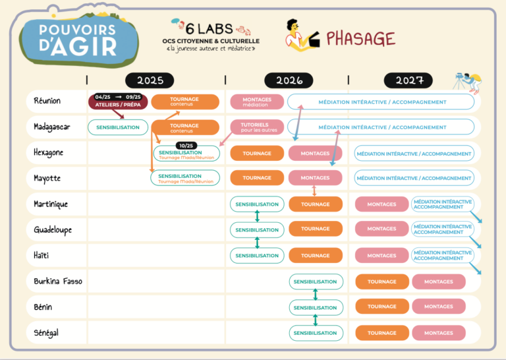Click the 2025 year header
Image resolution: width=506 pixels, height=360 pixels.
click(x=150, y=80)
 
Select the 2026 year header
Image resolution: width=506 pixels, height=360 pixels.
click(x=289, y=80)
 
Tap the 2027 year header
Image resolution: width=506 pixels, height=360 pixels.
click(x=408, y=80)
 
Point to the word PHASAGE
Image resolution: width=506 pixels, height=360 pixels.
click(x=361, y=38)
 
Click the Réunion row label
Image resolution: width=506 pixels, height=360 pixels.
click(x=47, y=102)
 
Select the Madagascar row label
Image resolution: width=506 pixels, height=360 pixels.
click(x=52, y=127)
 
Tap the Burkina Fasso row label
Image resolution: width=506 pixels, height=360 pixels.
click(x=58, y=282)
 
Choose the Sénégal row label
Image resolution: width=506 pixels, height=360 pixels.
click(x=46, y=333)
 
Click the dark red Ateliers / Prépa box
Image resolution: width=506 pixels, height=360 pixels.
click(x=118, y=102)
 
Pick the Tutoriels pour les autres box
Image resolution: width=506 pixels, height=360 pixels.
click(x=257, y=127)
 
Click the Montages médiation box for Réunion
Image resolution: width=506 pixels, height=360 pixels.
click(x=257, y=102)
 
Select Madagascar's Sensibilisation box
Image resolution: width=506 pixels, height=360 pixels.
click(x=118, y=127)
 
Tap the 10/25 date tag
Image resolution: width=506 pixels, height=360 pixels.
click(x=187, y=146)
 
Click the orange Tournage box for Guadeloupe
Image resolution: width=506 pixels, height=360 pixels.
click(x=316, y=229)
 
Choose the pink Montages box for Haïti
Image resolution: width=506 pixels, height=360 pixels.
click(x=381, y=255)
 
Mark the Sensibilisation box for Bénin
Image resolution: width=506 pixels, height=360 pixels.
click(x=316, y=307)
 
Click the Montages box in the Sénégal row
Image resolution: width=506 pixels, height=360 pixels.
click(x=439, y=333)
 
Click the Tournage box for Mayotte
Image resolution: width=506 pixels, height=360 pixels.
click(x=257, y=177)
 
